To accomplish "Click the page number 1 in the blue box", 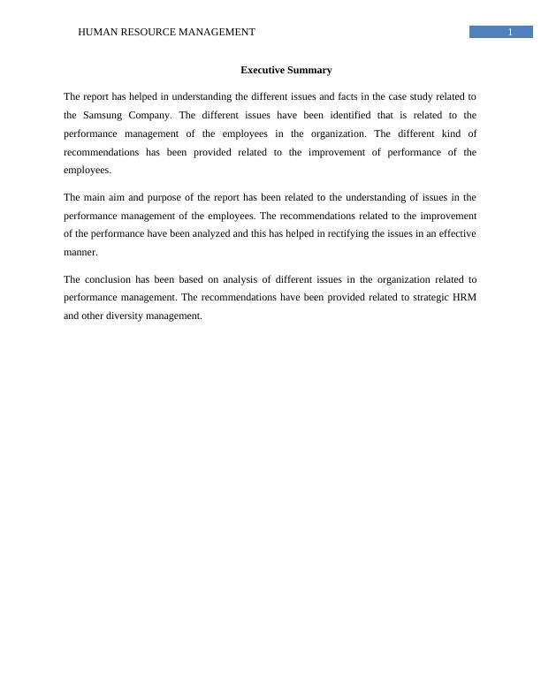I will coord(510,33).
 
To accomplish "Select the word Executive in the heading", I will coord(263,70).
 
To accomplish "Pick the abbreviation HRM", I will coord(464,298).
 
